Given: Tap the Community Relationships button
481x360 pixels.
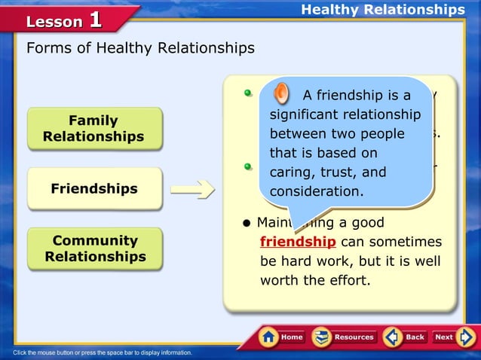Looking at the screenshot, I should point(95,249).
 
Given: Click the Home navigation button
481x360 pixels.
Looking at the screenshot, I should point(283,337).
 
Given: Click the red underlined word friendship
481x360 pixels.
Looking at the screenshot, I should point(298,242).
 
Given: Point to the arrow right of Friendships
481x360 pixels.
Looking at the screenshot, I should point(198,189).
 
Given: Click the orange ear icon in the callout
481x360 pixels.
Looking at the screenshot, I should point(280,94).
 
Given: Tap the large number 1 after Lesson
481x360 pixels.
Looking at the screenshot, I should point(95,20).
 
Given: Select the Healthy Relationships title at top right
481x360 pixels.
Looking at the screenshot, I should point(382,10).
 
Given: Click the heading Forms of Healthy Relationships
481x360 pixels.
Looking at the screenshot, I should point(140,48).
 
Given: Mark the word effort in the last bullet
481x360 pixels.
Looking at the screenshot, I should point(345,281).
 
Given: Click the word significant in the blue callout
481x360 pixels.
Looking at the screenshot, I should point(304,114).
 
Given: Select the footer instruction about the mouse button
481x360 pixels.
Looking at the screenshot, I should point(103,352).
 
